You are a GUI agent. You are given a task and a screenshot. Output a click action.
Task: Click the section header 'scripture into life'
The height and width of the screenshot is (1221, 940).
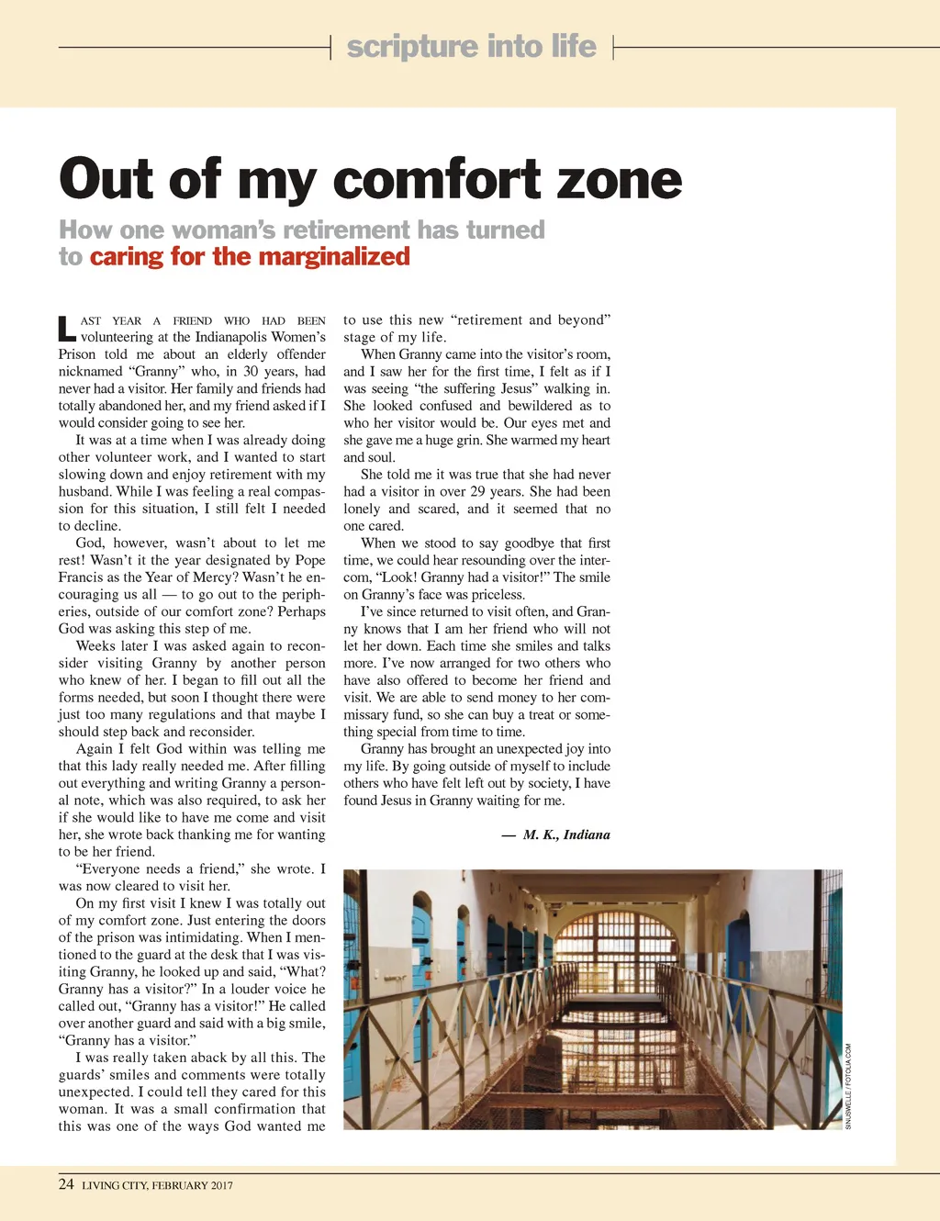(x=471, y=46)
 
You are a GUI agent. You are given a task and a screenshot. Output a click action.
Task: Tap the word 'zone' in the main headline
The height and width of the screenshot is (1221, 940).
(x=620, y=179)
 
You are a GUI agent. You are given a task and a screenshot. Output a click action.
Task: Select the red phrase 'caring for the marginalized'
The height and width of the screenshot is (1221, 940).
(x=250, y=256)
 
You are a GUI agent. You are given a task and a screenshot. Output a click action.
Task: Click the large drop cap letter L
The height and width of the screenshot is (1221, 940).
(x=66, y=328)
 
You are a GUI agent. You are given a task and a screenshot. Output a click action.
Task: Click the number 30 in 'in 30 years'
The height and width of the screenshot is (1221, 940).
(x=251, y=372)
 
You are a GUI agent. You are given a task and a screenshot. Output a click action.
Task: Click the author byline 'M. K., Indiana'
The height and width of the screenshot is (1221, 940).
(x=566, y=835)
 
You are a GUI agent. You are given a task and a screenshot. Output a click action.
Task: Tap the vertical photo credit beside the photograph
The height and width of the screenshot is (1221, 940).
(x=849, y=1086)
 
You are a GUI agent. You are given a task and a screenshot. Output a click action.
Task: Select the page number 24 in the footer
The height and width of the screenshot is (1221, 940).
(x=66, y=1184)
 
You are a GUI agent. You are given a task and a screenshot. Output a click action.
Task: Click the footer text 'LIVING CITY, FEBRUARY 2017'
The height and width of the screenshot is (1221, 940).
(x=157, y=1185)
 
